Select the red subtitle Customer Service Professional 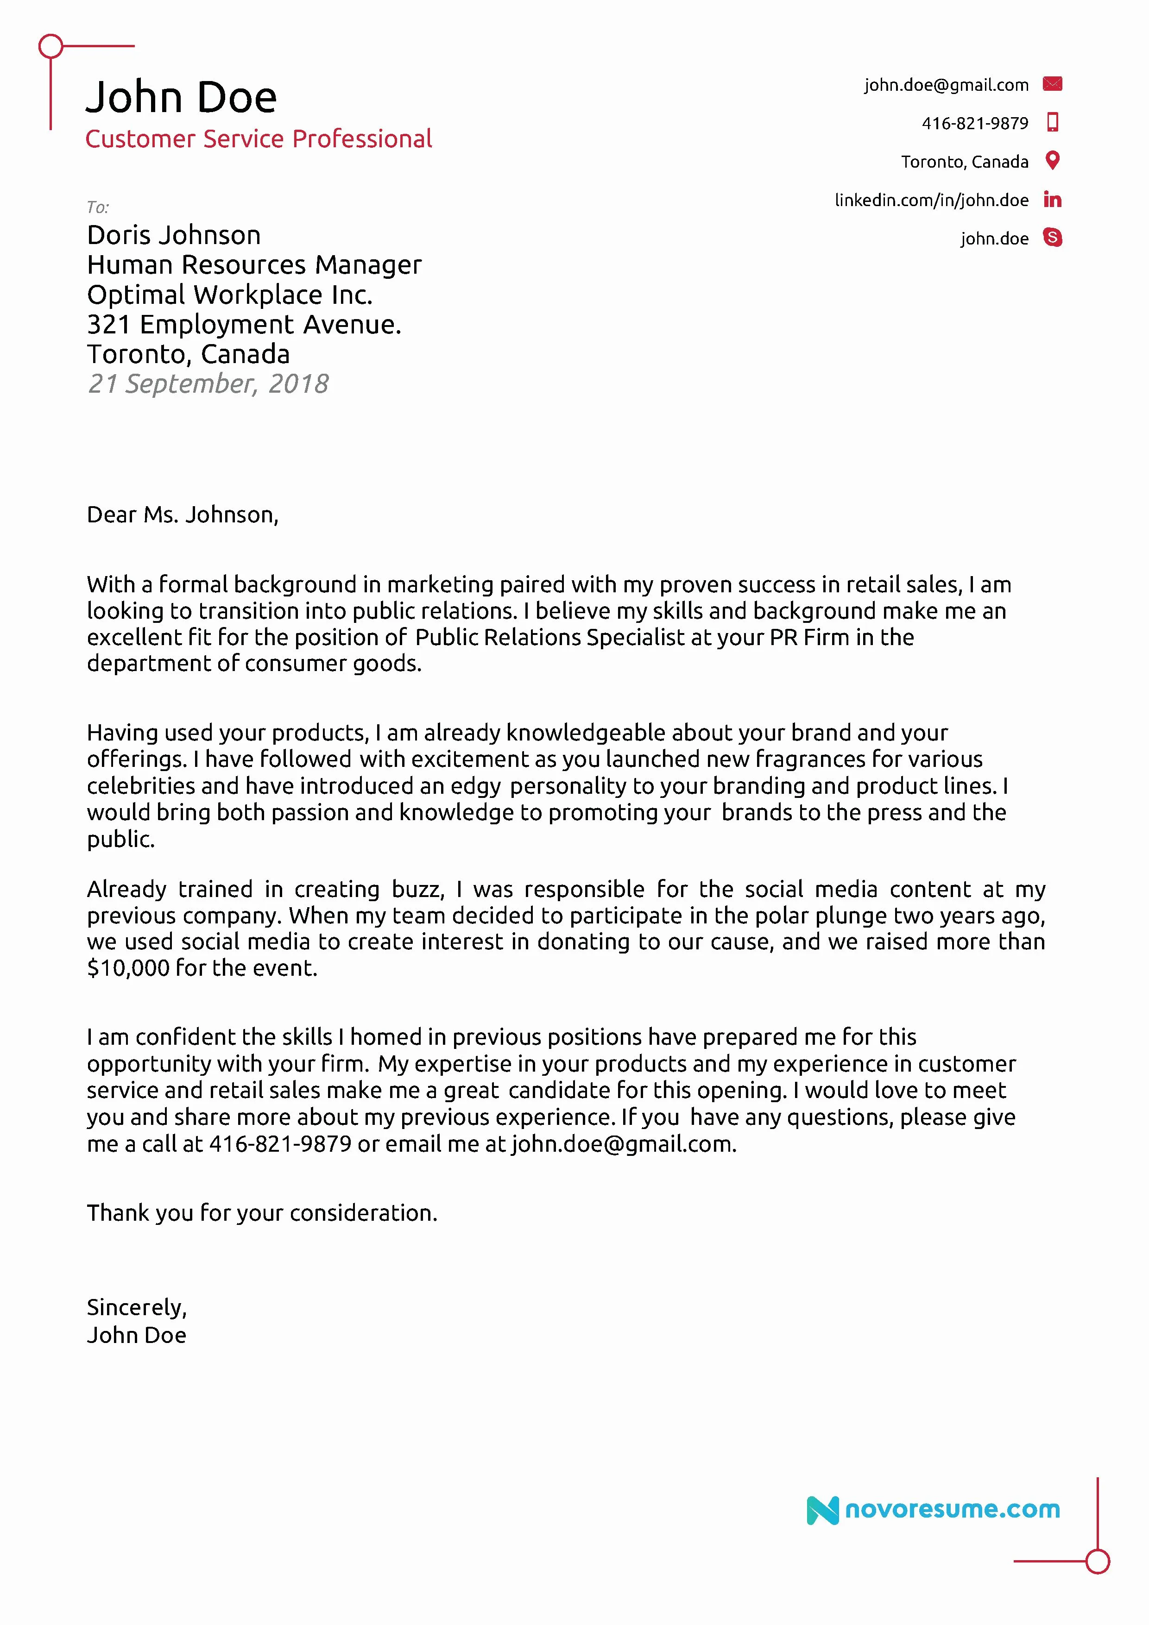pyautogui.click(x=259, y=139)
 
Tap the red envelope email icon pyautogui.click(x=1052, y=84)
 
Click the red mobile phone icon pyautogui.click(x=1053, y=122)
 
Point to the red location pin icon pyautogui.click(x=1053, y=161)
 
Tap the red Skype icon pyautogui.click(x=1053, y=238)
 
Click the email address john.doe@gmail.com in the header pyautogui.click(x=946, y=85)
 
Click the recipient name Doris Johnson pyautogui.click(x=173, y=235)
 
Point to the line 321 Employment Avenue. pyautogui.click(x=244, y=324)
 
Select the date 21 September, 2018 pyautogui.click(x=208, y=383)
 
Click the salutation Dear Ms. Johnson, pyautogui.click(x=183, y=514)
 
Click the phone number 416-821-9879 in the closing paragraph pyautogui.click(x=280, y=1144)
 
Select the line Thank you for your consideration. pyautogui.click(x=262, y=1213)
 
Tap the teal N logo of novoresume pyautogui.click(x=822, y=1510)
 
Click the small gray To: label pyautogui.click(x=98, y=207)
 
